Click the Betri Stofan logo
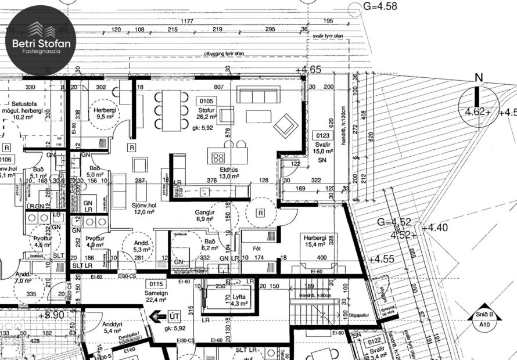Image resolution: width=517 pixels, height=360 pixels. pyautogui.click(x=38, y=41)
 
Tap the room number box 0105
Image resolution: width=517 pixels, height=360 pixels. pyautogui.click(x=206, y=100)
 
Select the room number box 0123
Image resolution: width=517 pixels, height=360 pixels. pyautogui.click(x=322, y=136)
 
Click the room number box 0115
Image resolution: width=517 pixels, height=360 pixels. pyautogui.click(x=156, y=284)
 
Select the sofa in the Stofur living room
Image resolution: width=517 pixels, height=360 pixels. pyautogui.click(x=258, y=94)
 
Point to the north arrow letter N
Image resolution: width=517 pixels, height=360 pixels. pyautogui.click(x=479, y=78)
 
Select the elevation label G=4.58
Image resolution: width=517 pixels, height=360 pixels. pyautogui.click(x=379, y=6)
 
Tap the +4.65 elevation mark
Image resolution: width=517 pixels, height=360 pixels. pyautogui.click(x=308, y=70)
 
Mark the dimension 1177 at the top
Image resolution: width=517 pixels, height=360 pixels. pyautogui.click(x=186, y=21)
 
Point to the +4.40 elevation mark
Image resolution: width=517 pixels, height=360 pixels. pyautogui.click(x=436, y=228)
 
